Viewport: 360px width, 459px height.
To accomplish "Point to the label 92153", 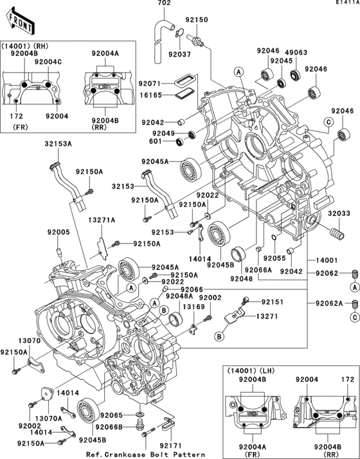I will click(x=163, y=231).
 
